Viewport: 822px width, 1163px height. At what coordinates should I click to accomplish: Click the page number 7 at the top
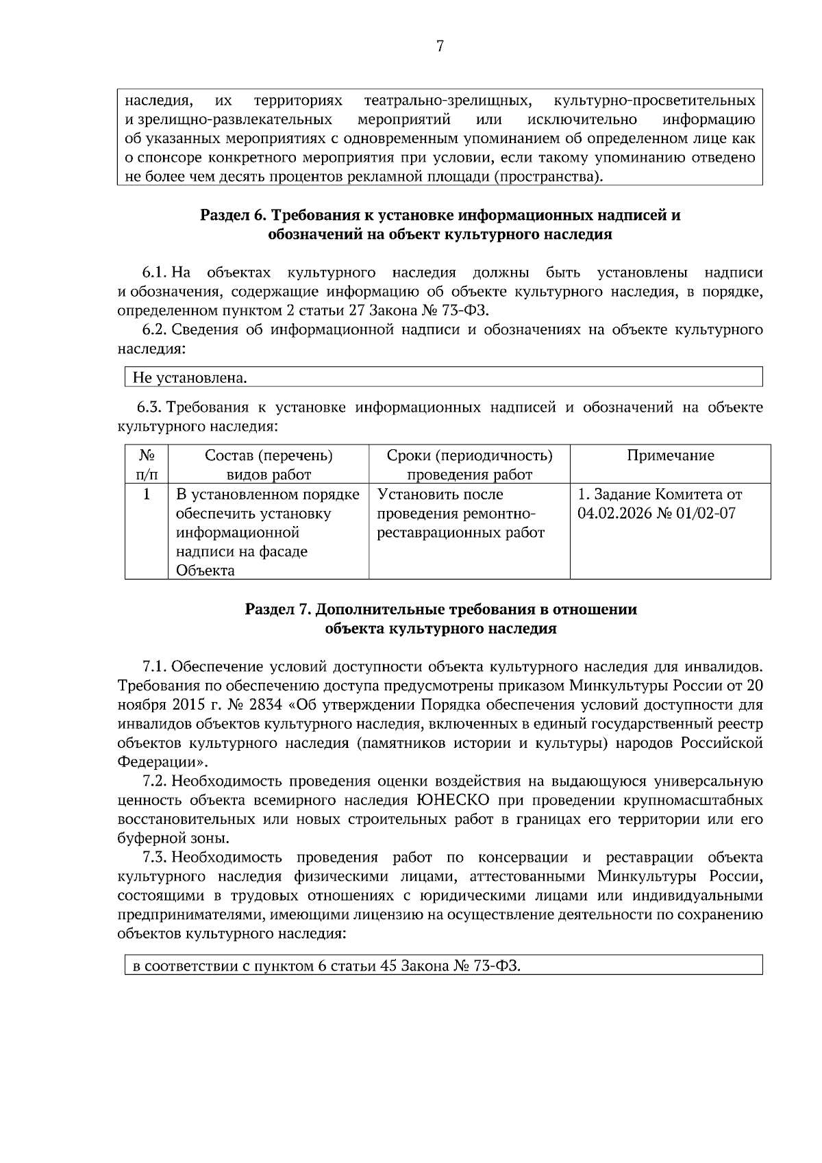coord(440,47)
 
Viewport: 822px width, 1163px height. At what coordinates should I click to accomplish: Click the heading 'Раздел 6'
coord(233,216)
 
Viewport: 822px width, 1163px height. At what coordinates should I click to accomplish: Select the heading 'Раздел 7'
coord(279,610)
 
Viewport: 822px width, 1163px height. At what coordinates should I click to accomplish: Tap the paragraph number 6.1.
coord(155,273)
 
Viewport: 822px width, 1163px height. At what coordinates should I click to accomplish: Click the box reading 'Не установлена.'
coord(443,377)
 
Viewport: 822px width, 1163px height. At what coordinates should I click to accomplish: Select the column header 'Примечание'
coord(670,455)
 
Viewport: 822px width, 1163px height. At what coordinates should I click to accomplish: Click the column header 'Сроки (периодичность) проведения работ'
coord(469,464)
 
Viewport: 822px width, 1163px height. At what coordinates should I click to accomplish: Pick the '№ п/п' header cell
coord(146,464)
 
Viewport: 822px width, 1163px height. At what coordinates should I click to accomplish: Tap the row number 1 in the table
coord(147,494)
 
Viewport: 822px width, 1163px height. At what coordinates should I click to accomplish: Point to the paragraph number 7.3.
coord(154,858)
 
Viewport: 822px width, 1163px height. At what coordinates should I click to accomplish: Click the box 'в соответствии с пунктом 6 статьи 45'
coord(443,965)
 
